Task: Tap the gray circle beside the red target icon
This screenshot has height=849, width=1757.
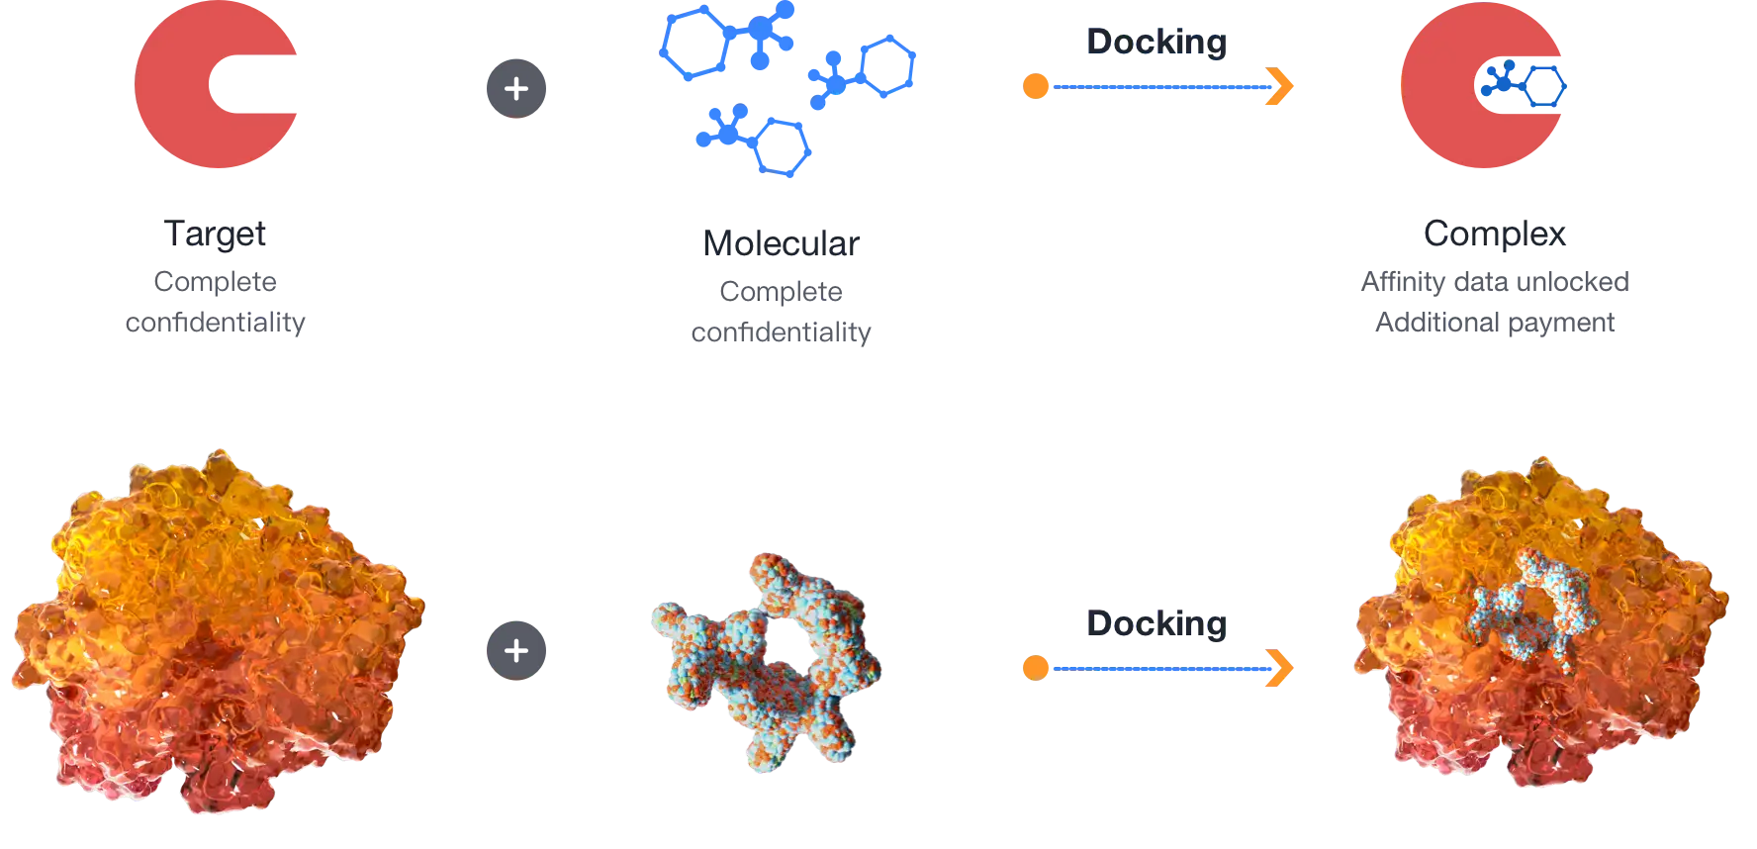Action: pyautogui.click(x=514, y=87)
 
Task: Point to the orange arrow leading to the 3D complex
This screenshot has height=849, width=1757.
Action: pyautogui.click(x=1157, y=670)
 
